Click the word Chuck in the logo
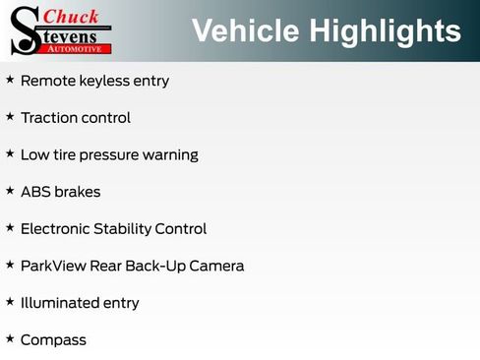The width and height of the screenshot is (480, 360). [x=73, y=16]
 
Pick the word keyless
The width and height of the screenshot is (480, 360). [x=103, y=81]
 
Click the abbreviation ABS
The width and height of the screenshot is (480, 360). [x=35, y=192]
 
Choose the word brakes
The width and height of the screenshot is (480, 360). [x=78, y=192]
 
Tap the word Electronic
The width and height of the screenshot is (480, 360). [x=58, y=229]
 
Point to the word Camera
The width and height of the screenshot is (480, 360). [x=216, y=267]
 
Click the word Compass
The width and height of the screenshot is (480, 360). [x=53, y=340]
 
